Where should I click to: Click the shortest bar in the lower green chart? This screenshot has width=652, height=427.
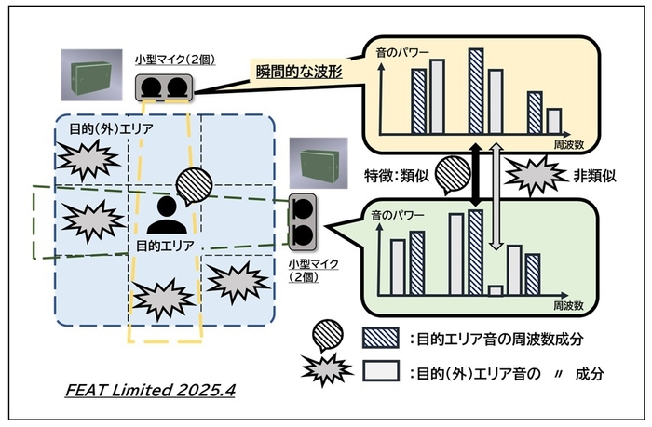pyautogui.click(x=496, y=289)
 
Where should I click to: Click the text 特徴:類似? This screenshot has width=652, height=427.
pyautogui.click(x=396, y=173)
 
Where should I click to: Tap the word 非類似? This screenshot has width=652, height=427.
pyautogui.click(x=591, y=173)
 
